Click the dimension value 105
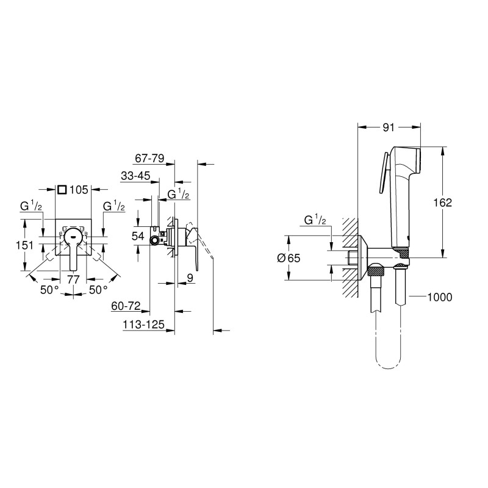point(80,190)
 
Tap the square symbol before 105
point(62,190)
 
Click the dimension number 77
point(73,279)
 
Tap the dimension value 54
point(138,235)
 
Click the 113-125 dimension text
point(143,326)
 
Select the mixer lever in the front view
point(73,251)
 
